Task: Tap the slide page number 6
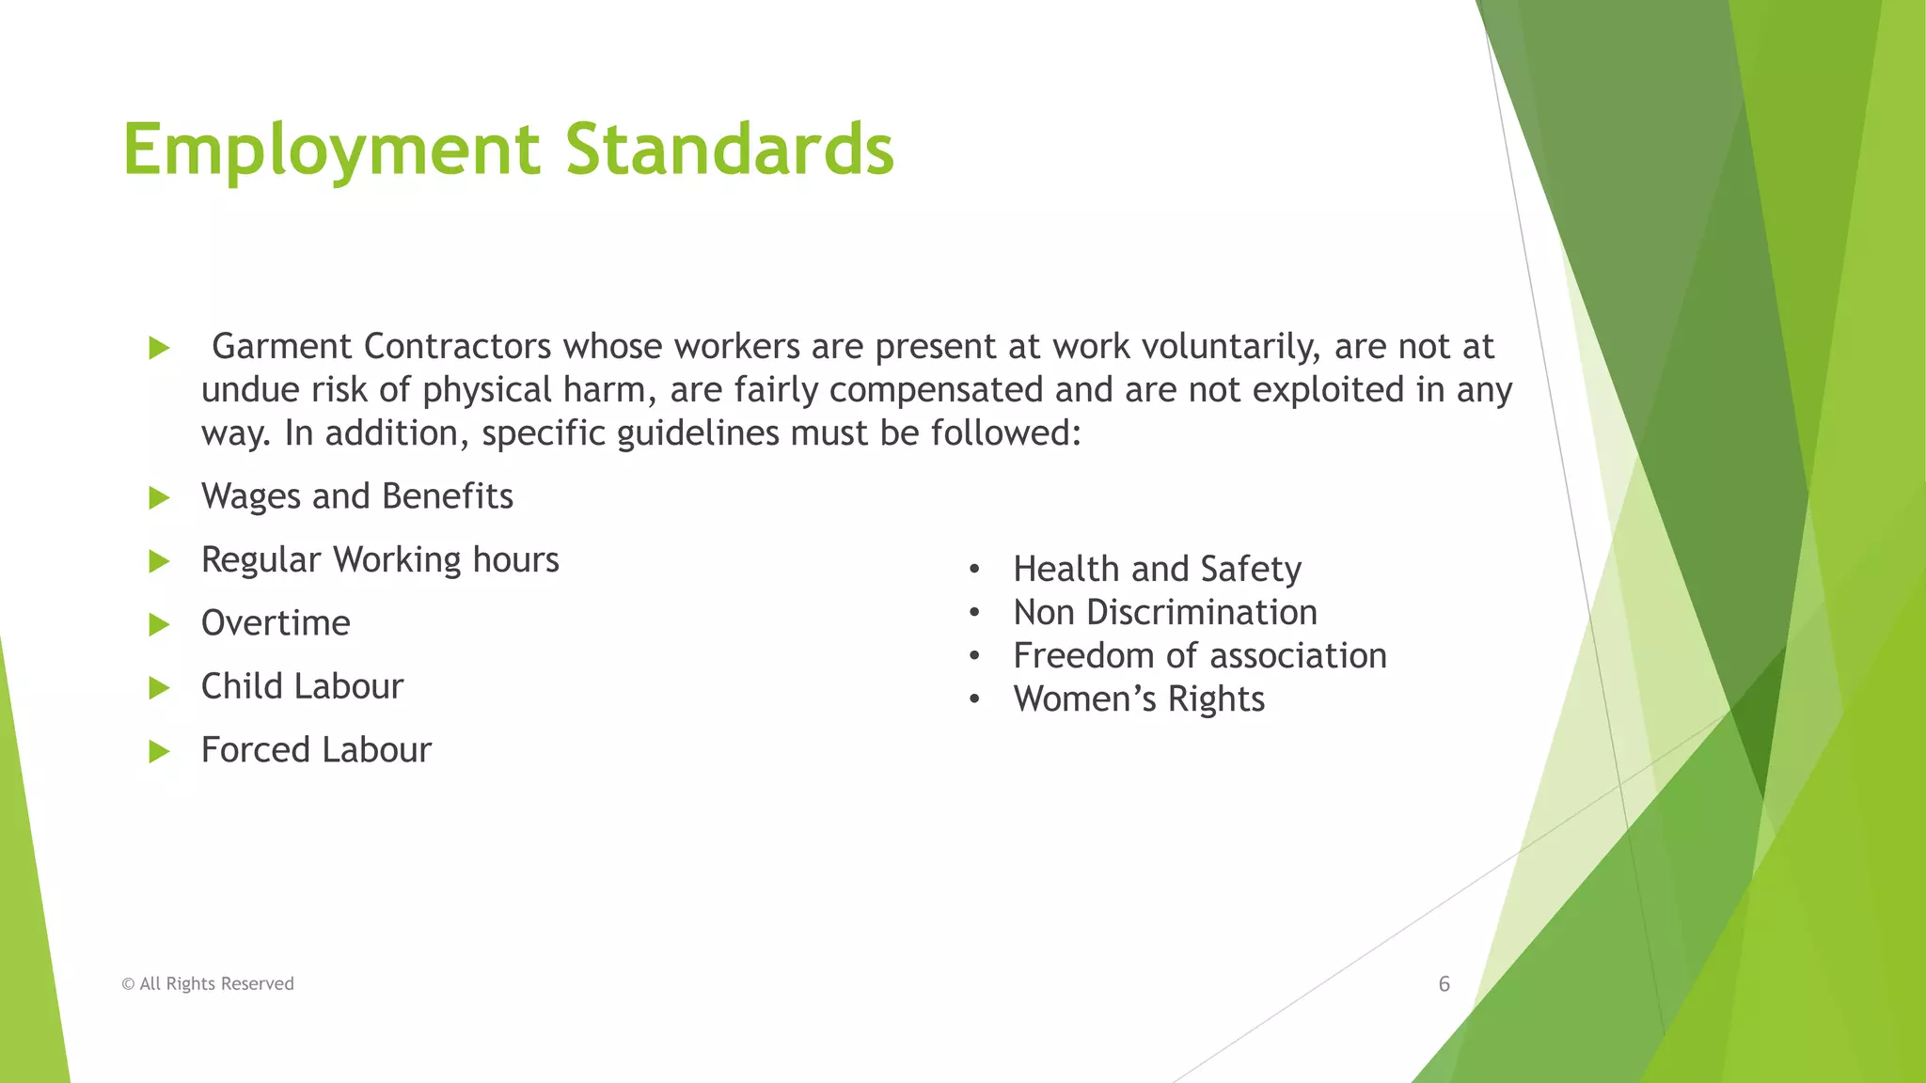point(1444,984)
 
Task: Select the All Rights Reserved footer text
point(208,984)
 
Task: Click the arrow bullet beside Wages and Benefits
point(159,497)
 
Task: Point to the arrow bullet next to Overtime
point(159,624)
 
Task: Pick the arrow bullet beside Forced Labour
point(159,751)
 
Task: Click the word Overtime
point(276,623)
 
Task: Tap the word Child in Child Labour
point(242,686)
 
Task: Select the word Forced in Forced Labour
point(256,750)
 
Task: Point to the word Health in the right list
point(1066,569)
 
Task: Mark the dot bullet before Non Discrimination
point(974,613)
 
